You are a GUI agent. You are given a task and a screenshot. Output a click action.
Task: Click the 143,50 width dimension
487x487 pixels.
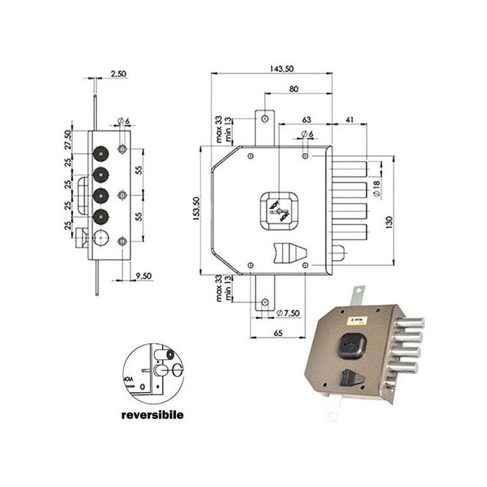272,68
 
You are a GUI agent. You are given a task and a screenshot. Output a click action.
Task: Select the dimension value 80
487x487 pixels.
294,89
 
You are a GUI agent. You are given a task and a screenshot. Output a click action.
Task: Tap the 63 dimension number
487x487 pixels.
306,119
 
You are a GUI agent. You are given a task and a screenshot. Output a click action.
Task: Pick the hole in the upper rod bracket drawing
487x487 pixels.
265,117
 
